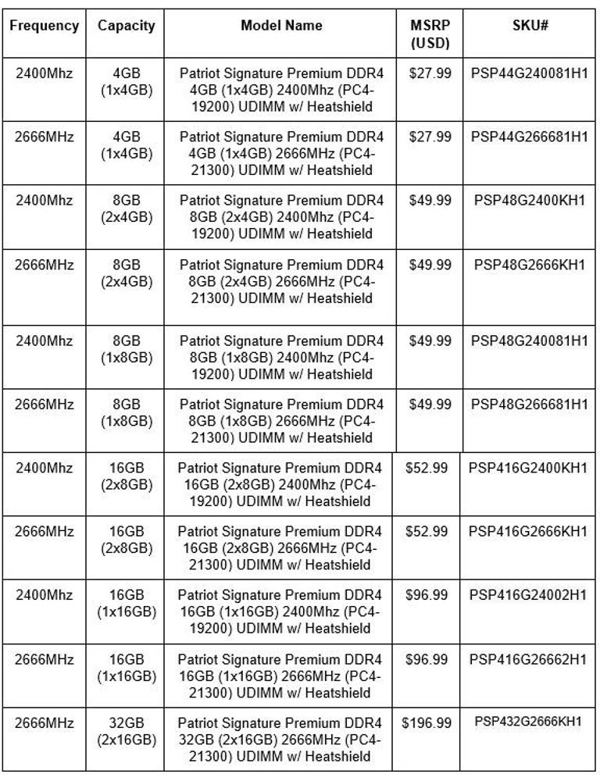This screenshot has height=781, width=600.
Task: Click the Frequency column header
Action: point(45,26)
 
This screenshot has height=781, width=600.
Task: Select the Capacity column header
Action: point(127,26)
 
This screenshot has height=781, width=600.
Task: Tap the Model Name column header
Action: point(281,26)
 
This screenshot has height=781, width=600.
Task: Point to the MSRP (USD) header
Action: point(430,34)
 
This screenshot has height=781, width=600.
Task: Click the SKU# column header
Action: point(529,26)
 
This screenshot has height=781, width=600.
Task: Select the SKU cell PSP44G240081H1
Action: point(529,73)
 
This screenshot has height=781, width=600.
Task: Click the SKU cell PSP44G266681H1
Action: point(529,137)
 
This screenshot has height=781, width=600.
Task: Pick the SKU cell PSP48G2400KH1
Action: point(529,201)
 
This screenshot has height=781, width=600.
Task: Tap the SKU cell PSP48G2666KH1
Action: point(529,265)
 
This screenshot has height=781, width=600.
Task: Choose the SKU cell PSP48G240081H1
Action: point(529,341)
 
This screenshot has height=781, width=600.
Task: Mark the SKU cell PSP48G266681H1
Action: point(529,405)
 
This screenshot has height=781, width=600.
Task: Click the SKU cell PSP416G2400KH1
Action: point(527,469)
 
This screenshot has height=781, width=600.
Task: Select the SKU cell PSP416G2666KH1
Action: point(527,532)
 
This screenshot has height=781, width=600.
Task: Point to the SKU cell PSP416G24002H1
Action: point(527,595)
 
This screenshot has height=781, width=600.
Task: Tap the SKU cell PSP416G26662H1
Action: point(527,660)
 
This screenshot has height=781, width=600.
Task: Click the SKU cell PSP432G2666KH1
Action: point(527,722)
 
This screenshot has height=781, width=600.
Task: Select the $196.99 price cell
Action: point(427,724)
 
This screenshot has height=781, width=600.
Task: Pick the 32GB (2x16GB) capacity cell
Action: point(127,731)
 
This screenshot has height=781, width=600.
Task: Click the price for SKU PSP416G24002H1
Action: point(427,596)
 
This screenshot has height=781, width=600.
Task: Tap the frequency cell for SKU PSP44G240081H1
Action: point(45,73)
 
